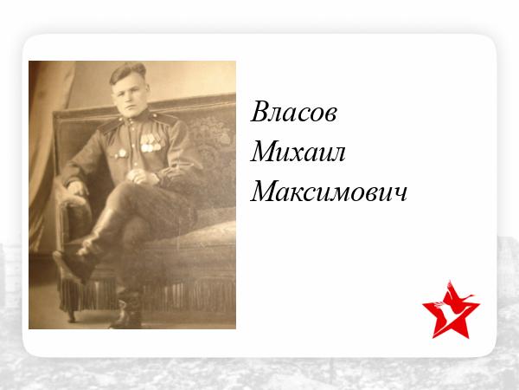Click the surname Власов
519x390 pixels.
293,112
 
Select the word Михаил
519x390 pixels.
298,152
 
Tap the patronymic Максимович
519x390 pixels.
329,192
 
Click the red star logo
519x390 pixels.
451,310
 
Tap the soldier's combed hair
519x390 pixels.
127,71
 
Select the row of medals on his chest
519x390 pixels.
151,143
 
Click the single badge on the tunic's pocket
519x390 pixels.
121,153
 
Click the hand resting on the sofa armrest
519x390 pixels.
77,188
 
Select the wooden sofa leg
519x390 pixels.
71,315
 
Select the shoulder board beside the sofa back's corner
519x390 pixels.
109,126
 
